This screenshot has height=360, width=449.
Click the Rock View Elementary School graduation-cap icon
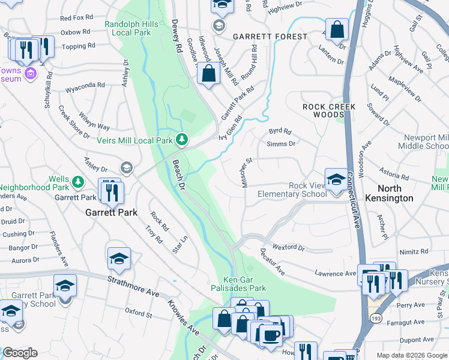click(x=336, y=178)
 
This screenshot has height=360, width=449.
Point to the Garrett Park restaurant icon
click(x=112, y=193)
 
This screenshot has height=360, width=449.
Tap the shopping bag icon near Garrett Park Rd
click(x=208, y=75)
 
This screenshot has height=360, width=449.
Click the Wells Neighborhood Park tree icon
click(x=77, y=181)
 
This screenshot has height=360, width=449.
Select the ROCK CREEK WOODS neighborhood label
click(x=329, y=110)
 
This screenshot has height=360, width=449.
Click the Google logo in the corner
click(x=20, y=353)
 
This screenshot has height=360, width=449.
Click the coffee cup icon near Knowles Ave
click(x=271, y=335)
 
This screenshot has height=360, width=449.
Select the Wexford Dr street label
click(x=288, y=247)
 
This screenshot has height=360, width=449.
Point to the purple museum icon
click(x=30, y=74)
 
